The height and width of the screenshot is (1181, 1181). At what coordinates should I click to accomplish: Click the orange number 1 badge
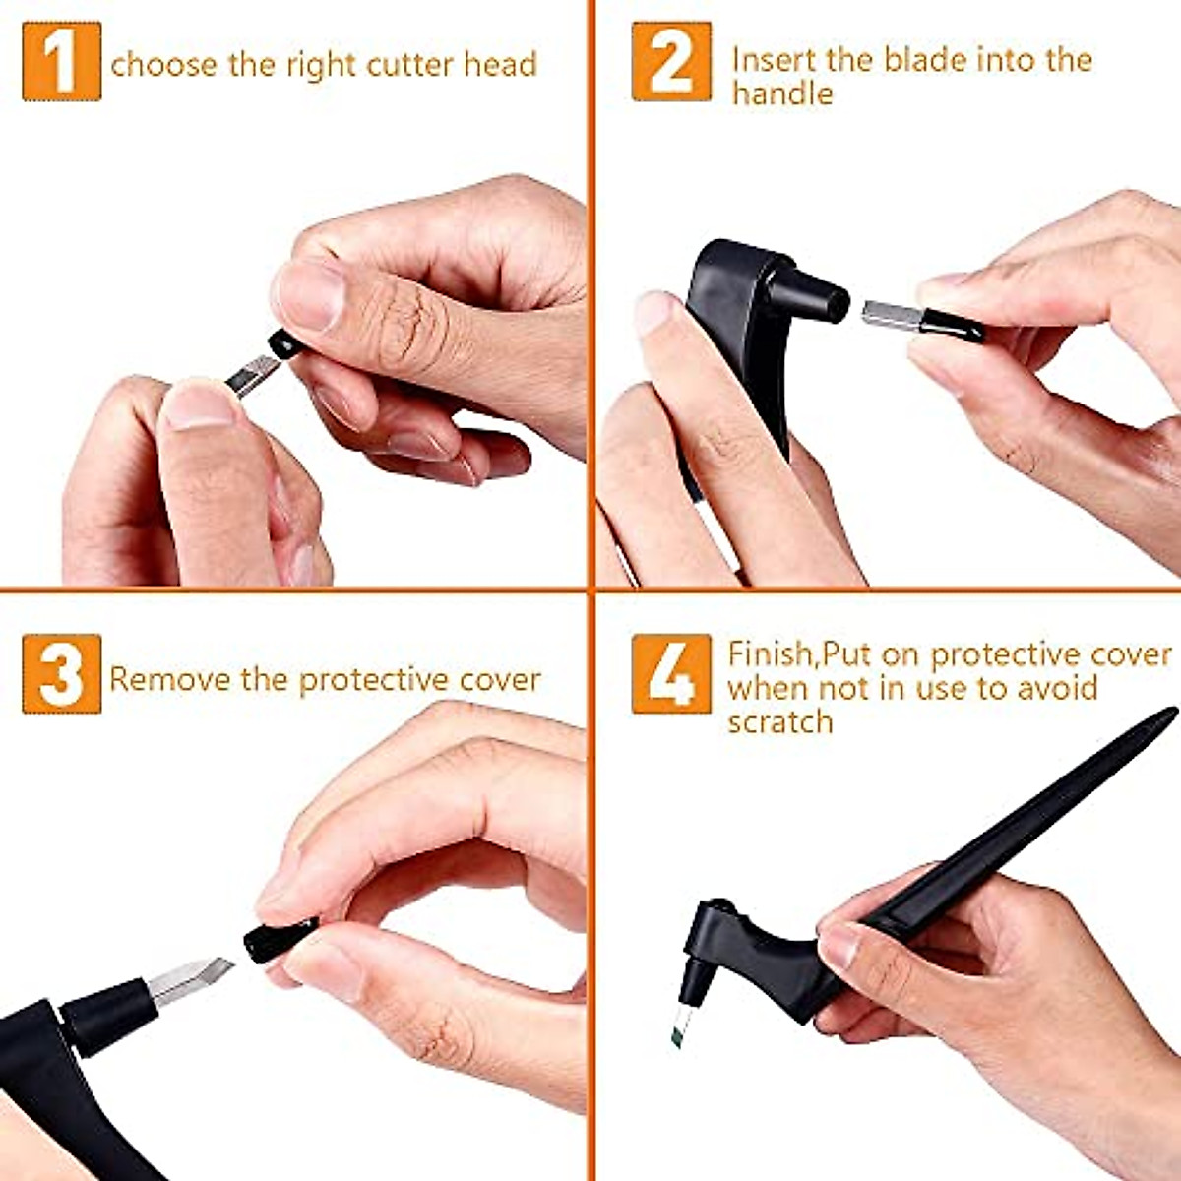(61, 61)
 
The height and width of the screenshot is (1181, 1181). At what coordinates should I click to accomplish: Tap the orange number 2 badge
(671, 61)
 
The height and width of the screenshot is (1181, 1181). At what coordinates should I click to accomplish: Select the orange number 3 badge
(61, 674)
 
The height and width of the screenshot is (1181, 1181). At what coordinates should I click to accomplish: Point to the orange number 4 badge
(671, 674)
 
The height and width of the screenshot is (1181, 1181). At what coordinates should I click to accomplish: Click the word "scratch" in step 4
(780, 722)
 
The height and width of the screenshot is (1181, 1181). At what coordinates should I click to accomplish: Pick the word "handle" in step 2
(782, 94)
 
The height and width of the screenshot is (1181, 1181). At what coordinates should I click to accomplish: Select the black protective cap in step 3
(280, 939)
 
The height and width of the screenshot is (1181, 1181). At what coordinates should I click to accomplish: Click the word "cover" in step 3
(500, 680)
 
